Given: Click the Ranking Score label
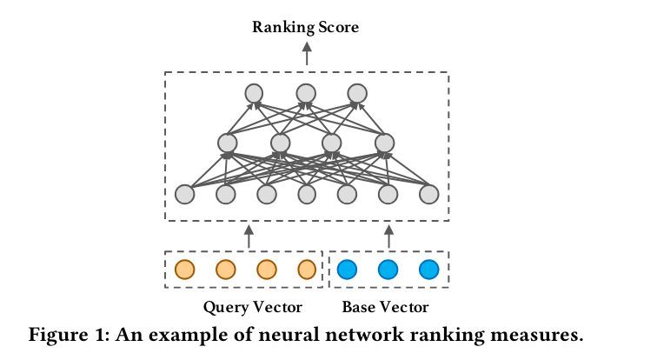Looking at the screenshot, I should [306, 27].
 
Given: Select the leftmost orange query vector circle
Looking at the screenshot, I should [184, 270].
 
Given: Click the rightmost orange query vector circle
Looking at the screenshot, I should [307, 270].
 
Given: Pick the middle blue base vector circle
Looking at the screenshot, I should [388, 270].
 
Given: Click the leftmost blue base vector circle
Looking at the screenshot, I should [347, 270].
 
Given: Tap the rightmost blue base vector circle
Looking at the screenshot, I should [428, 270].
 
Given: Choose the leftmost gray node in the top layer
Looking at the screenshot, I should [254, 92].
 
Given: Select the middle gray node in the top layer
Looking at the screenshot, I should [306, 92].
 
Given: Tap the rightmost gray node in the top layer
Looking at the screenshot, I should [357, 92].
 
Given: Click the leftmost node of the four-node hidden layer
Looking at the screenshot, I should [228, 143].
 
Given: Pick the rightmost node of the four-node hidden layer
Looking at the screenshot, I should [383, 143].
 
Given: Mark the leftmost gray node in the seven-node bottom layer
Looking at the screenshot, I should [185, 194].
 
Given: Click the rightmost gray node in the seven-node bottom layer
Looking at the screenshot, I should [428, 194].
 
